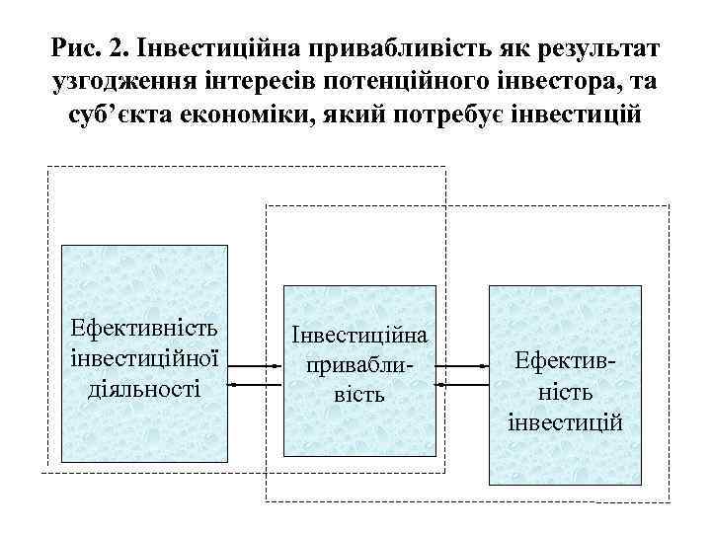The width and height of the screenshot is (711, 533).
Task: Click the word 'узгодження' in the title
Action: coord(124,83)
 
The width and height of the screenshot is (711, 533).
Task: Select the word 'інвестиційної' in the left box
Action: coord(145,356)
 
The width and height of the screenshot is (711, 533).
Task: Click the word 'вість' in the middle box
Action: coord(359,395)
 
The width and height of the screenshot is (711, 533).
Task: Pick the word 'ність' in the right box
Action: coord(565,393)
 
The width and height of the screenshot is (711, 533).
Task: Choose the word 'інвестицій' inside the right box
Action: coord(565,422)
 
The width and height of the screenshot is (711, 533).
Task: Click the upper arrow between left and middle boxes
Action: coord(256,366)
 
